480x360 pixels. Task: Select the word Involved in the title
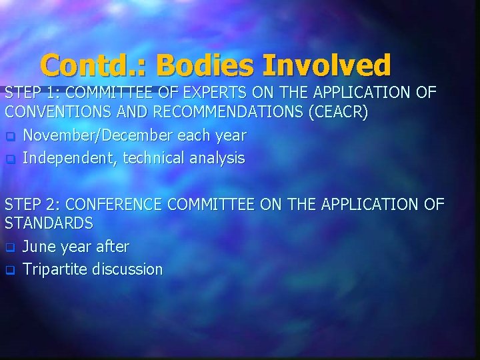click(327, 65)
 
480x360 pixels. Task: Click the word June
click(38, 247)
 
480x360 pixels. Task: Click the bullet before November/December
click(10, 136)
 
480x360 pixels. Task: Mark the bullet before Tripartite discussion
click(10, 270)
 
